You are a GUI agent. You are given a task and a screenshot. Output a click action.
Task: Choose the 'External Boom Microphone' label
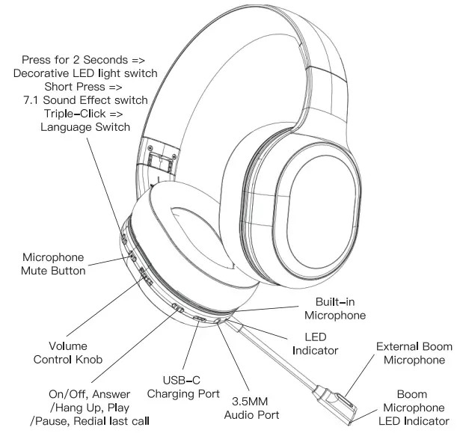click(414, 353)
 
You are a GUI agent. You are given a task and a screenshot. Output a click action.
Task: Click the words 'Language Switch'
click(84, 127)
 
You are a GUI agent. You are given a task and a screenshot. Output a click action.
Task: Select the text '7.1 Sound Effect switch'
click(85, 99)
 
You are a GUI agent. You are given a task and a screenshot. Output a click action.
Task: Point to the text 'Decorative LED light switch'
click(85, 73)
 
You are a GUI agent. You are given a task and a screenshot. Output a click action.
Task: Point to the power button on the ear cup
click(178, 308)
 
